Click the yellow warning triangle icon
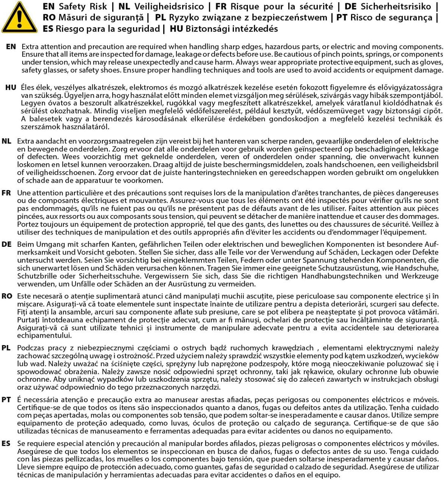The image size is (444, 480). [x=19, y=17]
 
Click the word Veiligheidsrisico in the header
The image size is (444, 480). [x=169, y=7]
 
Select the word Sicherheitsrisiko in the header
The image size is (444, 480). [x=396, y=7]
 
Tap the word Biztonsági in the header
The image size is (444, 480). [x=208, y=29]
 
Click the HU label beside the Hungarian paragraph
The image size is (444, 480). [x=11, y=87]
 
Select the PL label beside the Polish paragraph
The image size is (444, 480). [x=6, y=348]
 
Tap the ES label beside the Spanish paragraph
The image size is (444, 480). [x=6, y=443]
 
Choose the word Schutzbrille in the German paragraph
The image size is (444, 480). [x=36, y=276]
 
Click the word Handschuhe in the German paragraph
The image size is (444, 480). [x=416, y=268]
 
